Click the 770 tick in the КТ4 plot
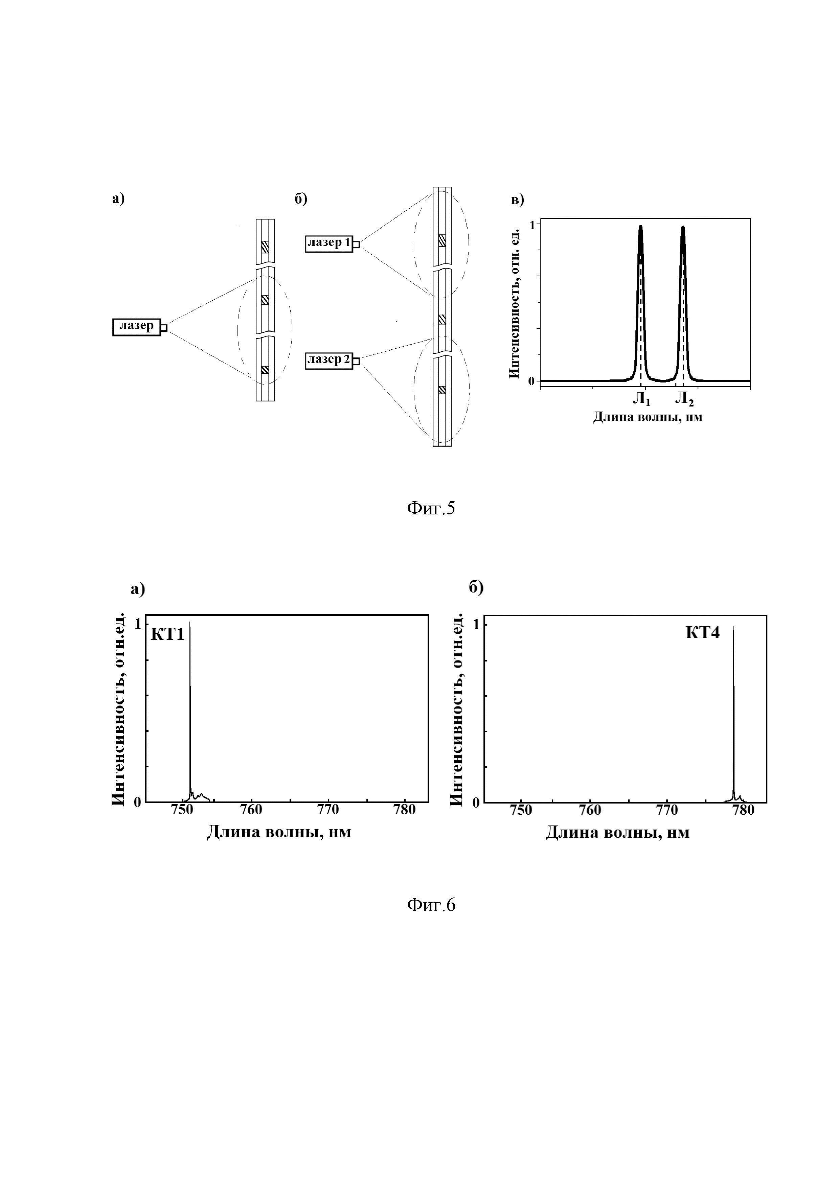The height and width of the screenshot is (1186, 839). coord(666,810)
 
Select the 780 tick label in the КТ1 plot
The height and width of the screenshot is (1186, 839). coord(405,809)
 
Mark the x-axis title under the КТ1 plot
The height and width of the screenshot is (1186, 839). coord(279,832)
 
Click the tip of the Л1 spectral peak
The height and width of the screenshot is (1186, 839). coord(641,227)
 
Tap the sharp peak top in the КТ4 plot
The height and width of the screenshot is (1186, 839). coord(733,627)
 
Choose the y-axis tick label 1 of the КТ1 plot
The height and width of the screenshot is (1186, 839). coord(138,624)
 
